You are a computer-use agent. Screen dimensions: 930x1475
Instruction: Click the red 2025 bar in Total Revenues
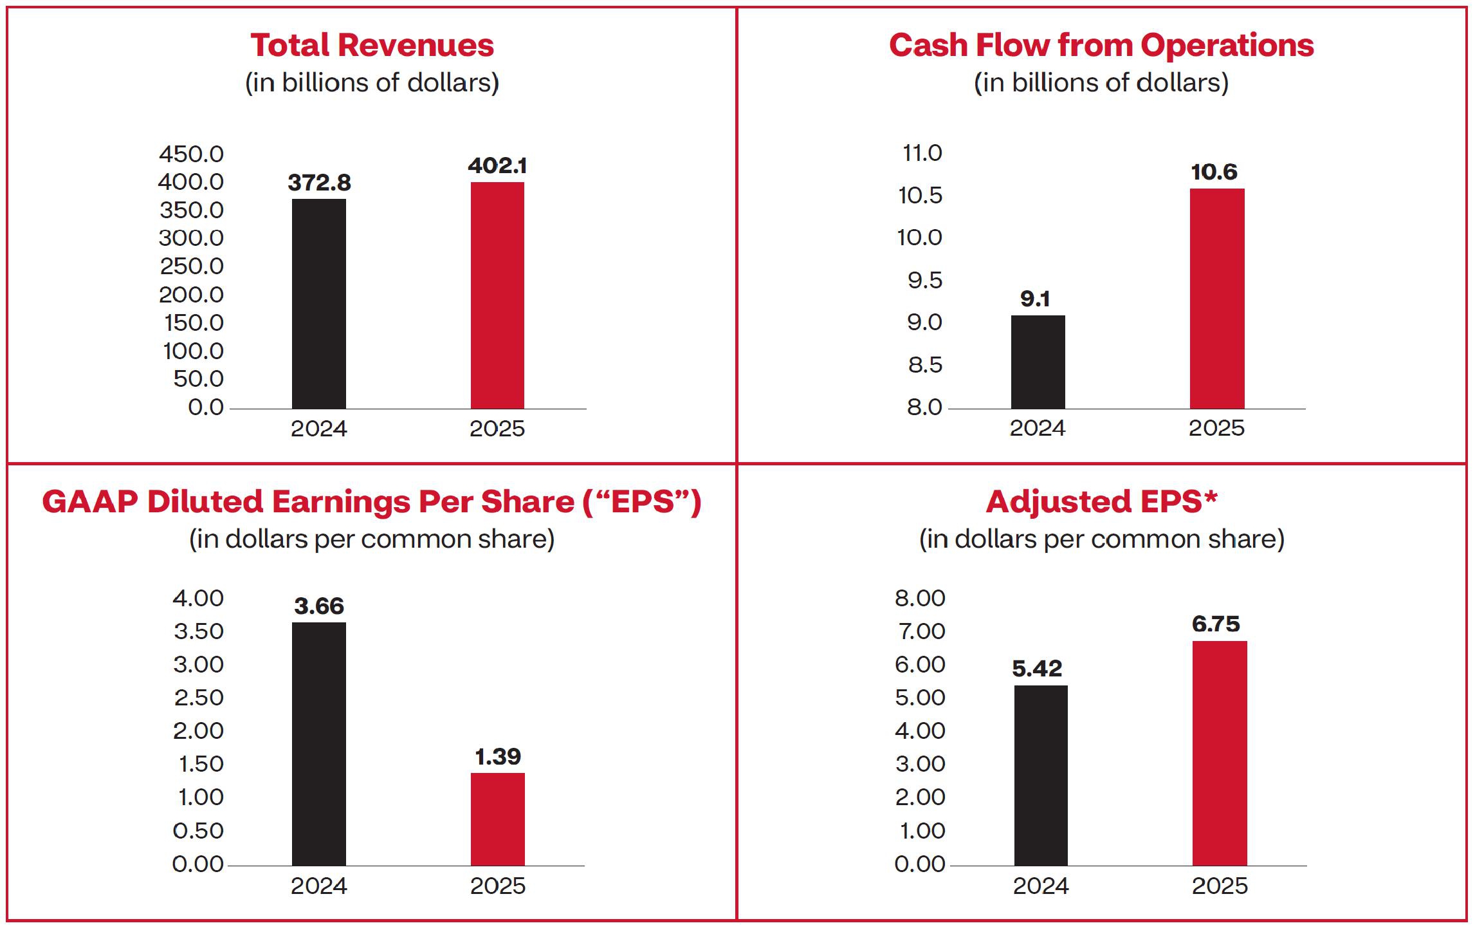(x=497, y=295)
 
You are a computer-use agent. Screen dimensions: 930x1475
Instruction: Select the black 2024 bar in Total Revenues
(x=318, y=304)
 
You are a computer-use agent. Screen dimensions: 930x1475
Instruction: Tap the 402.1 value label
(x=497, y=166)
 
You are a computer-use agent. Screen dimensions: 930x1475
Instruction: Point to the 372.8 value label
(x=319, y=183)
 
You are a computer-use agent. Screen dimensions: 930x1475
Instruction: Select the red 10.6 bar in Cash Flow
(x=1216, y=299)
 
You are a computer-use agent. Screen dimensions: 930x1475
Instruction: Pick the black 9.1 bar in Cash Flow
(x=1038, y=362)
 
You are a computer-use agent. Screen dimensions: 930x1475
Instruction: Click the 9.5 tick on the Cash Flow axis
(x=924, y=281)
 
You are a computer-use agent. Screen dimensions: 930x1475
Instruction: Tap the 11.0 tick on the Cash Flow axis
(x=922, y=153)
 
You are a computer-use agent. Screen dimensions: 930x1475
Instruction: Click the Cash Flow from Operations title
(x=1101, y=46)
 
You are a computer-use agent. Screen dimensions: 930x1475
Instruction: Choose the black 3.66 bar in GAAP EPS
(x=318, y=743)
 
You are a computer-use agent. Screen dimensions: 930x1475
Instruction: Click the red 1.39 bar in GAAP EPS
(x=497, y=819)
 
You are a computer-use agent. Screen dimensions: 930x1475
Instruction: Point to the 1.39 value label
(x=497, y=757)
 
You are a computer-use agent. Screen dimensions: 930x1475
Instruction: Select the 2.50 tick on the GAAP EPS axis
(x=198, y=698)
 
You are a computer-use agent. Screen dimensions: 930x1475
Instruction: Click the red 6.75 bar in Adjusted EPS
(x=1219, y=753)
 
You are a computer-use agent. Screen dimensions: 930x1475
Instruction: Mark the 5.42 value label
(x=1037, y=669)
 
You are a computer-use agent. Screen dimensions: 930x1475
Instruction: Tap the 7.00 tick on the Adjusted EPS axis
(x=921, y=631)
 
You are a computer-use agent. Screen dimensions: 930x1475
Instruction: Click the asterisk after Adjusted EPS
(x=1211, y=496)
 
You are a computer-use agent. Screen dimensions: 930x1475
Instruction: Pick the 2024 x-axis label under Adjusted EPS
(x=1040, y=886)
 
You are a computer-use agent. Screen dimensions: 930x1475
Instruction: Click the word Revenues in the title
(x=416, y=46)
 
